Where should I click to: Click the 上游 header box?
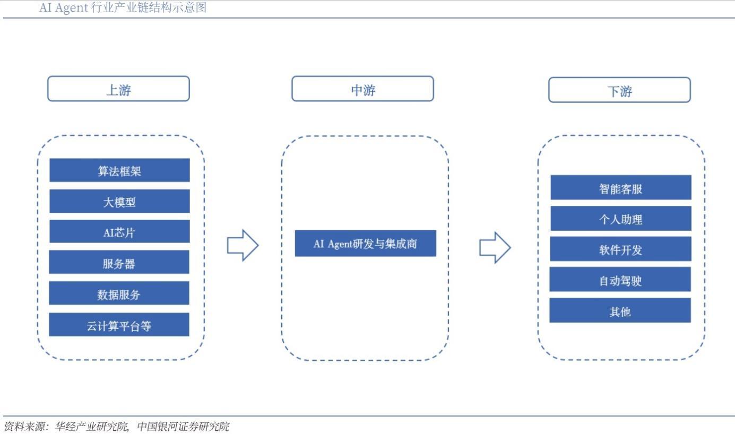point(118,89)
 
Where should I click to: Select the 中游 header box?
point(362,89)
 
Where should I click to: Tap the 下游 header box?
point(619,90)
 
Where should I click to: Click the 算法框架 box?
point(119,170)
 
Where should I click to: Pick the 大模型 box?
point(119,201)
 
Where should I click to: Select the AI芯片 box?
point(119,231)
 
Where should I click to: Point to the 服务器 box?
point(119,262)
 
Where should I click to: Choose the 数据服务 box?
point(119,293)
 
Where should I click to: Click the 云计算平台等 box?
point(119,324)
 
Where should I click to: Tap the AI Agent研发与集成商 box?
point(365,244)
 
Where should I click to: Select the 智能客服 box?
point(620,187)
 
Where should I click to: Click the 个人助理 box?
point(620,218)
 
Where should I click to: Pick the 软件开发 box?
point(620,249)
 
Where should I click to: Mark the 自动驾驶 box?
point(620,279)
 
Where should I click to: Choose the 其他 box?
point(620,310)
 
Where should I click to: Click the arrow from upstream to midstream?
point(243,245)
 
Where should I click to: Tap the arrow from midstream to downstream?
point(495,247)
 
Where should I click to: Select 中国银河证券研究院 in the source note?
point(183,426)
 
